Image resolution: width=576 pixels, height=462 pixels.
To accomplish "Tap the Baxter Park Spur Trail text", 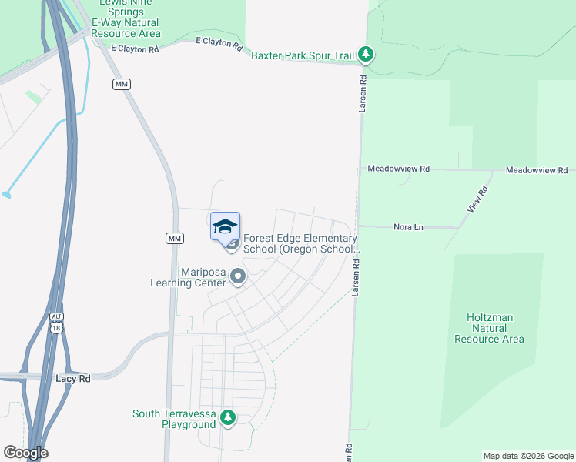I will point(303,55).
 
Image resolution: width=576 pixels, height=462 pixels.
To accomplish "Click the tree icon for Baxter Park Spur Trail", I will point(367,54).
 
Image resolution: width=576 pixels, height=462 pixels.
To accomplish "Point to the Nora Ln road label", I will point(408,227).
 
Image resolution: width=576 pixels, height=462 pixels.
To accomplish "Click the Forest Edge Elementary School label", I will point(300,243).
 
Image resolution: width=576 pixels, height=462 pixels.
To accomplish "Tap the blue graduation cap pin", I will point(225,226).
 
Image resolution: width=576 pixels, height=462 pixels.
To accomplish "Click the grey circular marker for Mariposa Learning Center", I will point(238,276).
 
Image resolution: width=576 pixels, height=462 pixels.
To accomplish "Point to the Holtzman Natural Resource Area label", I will point(490,328).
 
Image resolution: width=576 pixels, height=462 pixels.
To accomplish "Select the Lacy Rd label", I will point(73,379).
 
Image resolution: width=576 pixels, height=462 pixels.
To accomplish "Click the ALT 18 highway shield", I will point(56,323).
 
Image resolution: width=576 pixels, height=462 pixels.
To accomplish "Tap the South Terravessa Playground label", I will point(174,419).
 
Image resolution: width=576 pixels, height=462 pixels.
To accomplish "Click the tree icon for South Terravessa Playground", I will point(227,417).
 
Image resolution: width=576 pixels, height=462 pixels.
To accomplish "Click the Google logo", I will point(25,453).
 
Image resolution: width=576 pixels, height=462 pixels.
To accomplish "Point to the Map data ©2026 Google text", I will point(528,456).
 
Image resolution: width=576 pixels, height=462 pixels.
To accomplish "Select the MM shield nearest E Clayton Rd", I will point(121,84).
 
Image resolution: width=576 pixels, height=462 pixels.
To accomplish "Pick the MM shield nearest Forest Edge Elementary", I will point(175,239).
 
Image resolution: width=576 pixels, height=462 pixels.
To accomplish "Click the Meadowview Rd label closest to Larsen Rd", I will point(398,169).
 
